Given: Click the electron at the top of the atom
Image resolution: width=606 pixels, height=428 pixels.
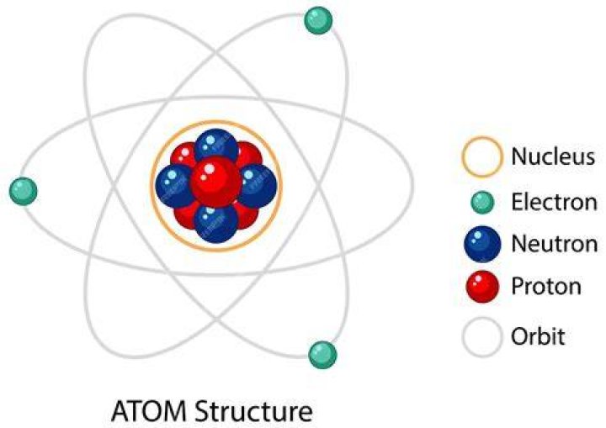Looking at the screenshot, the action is point(318,20).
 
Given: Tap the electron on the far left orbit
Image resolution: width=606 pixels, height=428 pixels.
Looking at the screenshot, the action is point(24,191).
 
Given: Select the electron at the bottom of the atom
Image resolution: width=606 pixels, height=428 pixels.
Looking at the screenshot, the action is point(322,355).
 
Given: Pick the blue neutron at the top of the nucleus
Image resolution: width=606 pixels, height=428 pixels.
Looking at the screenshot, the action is point(216,146).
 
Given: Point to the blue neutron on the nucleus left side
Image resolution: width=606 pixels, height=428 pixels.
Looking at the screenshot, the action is point(174,186).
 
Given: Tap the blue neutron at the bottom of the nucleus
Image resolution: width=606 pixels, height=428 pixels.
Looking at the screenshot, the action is point(215,224).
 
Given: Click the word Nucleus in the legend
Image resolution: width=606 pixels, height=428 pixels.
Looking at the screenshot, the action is point(553,156).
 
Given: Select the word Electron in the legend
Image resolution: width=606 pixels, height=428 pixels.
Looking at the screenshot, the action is point(554,202).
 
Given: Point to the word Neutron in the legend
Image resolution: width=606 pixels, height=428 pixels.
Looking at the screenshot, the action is point(555,244).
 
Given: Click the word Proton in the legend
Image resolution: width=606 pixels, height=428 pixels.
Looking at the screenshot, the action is point(546,286).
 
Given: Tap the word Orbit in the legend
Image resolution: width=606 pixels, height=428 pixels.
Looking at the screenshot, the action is point(538,336).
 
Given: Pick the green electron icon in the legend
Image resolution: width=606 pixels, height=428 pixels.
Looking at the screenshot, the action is point(482,202).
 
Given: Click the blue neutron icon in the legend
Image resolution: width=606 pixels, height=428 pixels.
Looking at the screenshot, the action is point(482,244).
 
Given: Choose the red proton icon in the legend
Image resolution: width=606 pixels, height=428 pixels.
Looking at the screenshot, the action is point(482,287).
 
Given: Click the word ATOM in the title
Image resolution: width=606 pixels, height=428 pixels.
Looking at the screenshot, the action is point(150,411).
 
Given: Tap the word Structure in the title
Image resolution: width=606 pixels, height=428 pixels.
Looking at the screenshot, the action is point(253,411).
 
